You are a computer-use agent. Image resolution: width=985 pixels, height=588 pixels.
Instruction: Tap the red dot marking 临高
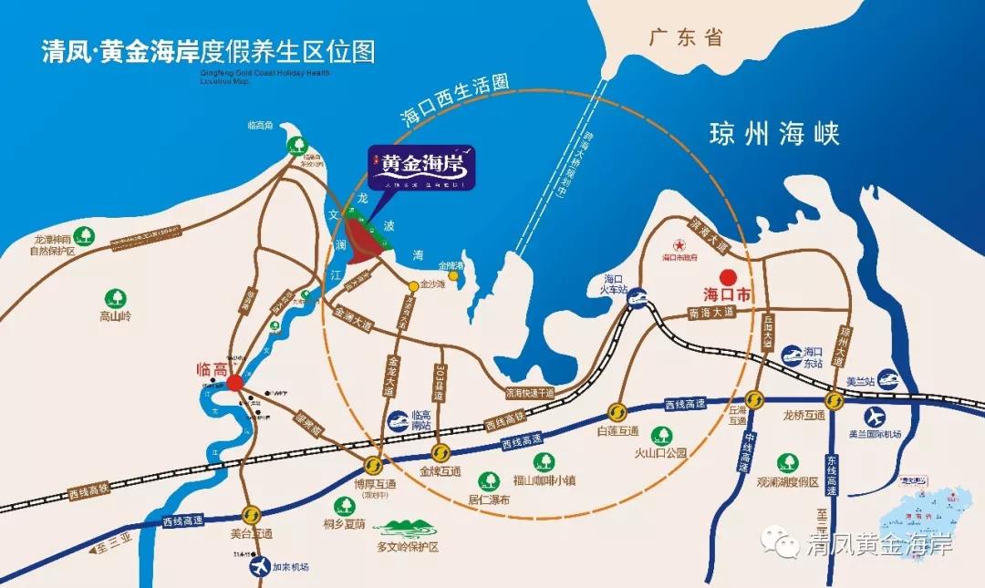pyautogui.click(x=234, y=383)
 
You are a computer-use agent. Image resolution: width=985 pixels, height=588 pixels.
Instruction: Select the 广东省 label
pyautogui.click(x=685, y=37)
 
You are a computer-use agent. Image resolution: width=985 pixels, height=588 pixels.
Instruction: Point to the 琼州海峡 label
pyautogui.click(x=774, y=135)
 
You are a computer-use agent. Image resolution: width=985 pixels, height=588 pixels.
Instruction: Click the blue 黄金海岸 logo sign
pyautogui.click(x=421, y=168)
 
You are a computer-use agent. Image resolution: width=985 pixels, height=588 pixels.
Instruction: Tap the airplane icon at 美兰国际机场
pyautogui.click(x=875, y=417)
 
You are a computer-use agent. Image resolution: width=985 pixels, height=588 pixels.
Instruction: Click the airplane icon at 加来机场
pyautogui.click(x=260, y=566)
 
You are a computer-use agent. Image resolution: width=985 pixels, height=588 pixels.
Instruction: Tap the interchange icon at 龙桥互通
pyautogui.click(x=835, y=399)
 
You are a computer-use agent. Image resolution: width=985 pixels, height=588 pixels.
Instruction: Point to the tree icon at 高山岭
pyautogui.click(x=116, y=298)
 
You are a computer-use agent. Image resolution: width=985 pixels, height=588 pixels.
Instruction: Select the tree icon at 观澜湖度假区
pyautogui.click(x=785, y=463)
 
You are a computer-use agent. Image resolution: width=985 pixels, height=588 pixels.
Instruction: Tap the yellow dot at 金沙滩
pyautogui.click(x=413, y=286)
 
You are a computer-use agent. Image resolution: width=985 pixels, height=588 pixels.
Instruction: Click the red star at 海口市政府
pyautogui.click(x=678, y=245)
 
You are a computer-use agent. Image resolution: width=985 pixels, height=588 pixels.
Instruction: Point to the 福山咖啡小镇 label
pyautogui.click(x=544, y=480)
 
